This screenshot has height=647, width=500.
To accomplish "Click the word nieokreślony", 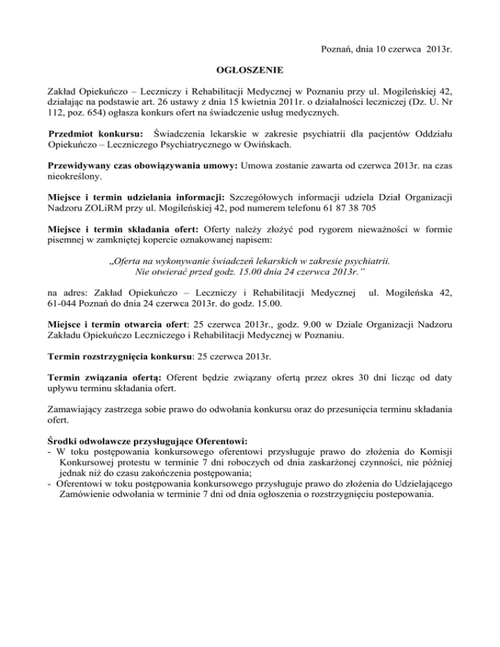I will [74, 176].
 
